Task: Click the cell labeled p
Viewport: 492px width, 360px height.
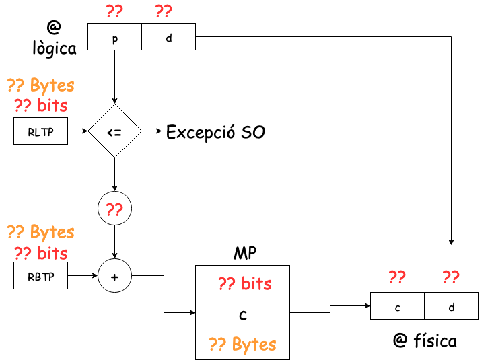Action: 114,37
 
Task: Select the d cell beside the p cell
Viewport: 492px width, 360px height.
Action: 168,37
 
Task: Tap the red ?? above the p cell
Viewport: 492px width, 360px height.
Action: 114,11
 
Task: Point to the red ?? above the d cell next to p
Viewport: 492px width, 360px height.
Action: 164,11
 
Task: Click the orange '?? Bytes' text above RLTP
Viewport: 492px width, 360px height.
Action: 40,86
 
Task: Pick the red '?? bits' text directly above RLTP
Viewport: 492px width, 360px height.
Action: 40,106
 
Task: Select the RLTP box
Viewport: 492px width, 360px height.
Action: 40,131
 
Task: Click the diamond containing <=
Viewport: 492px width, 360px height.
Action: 114,131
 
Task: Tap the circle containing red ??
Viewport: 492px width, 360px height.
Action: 114,209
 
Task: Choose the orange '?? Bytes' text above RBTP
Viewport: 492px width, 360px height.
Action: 40,232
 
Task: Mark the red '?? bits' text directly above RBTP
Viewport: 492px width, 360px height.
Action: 40,253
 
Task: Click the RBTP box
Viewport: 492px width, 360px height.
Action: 40,276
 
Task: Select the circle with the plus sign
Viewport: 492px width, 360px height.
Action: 114,276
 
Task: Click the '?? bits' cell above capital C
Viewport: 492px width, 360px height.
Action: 243,283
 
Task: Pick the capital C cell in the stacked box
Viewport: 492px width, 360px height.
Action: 243,313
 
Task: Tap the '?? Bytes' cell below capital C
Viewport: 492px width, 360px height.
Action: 243,344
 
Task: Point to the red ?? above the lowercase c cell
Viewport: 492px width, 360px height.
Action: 397,277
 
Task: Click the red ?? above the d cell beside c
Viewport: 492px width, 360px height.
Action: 451,277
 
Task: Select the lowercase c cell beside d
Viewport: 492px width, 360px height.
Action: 397,306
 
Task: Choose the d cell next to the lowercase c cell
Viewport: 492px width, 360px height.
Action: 451,306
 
